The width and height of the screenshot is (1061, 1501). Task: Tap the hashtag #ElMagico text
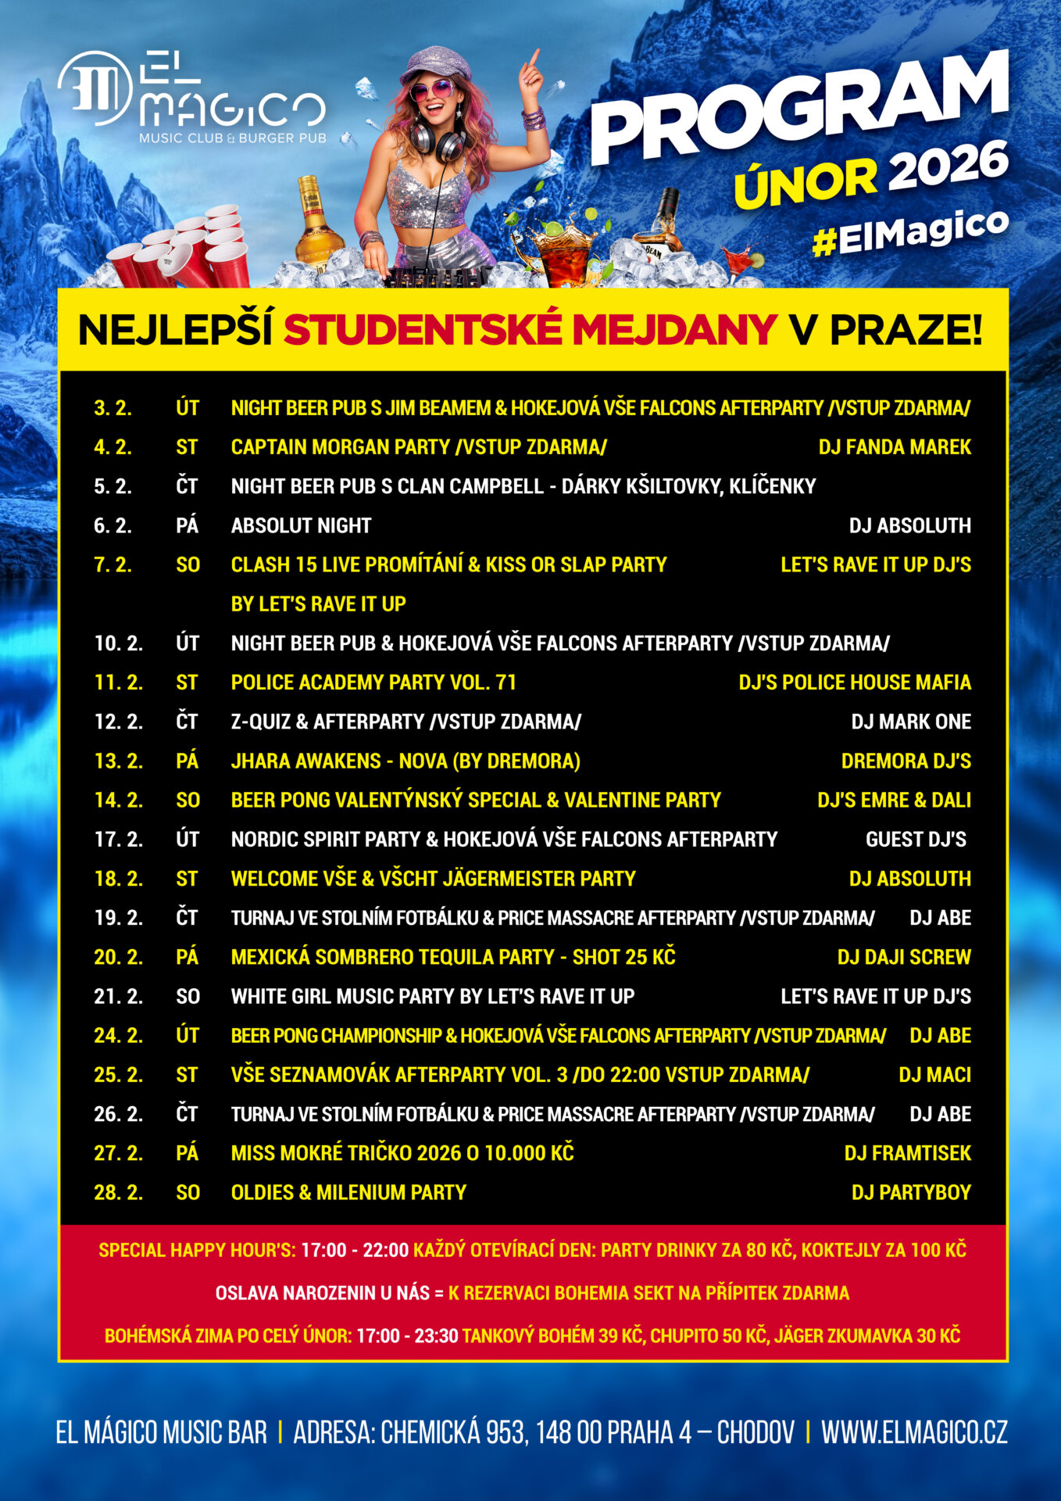point(911,233)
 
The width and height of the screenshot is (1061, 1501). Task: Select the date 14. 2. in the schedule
point(118,800)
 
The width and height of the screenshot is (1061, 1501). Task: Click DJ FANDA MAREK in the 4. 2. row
point(894,447)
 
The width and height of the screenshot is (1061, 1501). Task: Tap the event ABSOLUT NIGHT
point(301,525)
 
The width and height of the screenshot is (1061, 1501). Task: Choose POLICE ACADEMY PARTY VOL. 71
point(373,682)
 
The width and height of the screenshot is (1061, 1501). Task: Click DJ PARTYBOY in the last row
point(910,1192)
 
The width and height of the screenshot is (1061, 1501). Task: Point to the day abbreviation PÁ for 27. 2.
point(187,1153)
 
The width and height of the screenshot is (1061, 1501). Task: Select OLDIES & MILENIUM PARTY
point(348,1192)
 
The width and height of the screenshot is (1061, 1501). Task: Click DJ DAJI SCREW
point(903,957)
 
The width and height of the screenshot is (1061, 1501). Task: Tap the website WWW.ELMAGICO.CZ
point(913,1433)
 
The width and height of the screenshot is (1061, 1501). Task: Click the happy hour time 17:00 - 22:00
point(355,1250)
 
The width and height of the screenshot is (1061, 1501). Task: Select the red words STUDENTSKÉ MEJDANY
point(530,330)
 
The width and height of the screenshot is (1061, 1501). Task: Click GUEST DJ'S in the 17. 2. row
point(916,840)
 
